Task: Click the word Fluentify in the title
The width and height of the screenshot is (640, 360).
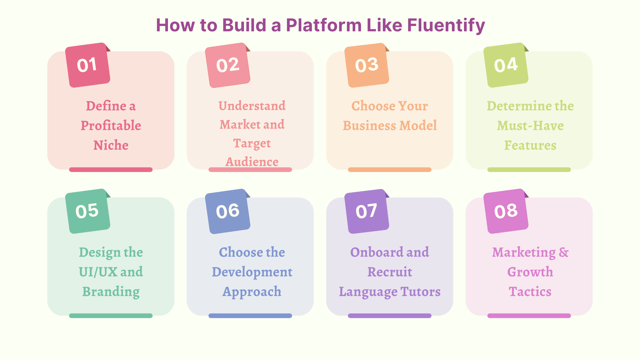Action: coord(446,25)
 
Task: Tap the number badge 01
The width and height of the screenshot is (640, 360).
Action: coord(87,65)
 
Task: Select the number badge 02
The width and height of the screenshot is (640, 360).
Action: coord(228,65)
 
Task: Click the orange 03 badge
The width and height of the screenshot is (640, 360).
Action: coord(367,65)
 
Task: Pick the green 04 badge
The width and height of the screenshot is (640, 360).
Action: coord(506,65)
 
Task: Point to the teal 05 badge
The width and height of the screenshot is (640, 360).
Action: coord(87,211)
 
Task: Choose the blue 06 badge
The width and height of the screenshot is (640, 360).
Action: coord(228,211)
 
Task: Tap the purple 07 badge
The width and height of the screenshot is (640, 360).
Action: coord(367,211)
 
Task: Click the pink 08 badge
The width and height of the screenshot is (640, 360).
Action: coord(506,211)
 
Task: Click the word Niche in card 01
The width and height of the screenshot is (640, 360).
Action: coord(111,145)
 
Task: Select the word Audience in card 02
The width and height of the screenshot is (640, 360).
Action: coord(252,162)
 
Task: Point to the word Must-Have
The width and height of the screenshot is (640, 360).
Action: coord(530,126)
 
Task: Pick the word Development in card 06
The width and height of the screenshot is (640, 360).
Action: coord(252,272)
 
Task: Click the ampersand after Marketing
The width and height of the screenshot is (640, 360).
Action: coord(564,252)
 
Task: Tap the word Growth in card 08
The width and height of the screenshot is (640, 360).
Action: coord(530,272)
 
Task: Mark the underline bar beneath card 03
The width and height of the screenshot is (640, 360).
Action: coord(389,170)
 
